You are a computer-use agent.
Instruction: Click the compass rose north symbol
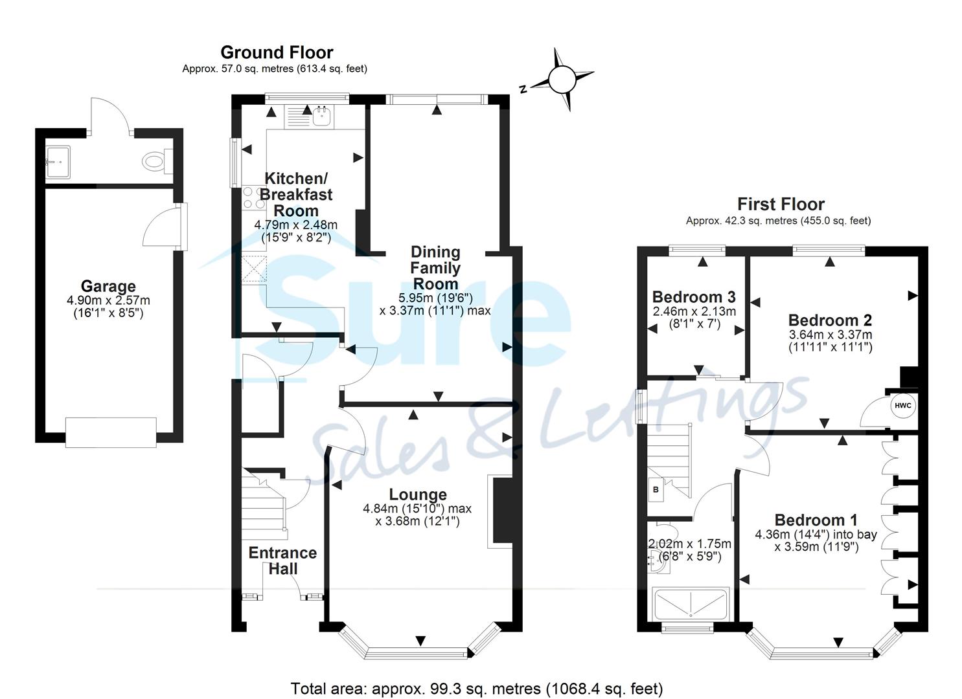(x=561, y=80)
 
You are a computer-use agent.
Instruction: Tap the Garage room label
(x=108, y=286)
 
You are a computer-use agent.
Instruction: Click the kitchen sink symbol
(x=321, y=116)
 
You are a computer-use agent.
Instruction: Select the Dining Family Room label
(x=435, y=268)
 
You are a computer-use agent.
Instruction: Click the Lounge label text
(x=418, y=495)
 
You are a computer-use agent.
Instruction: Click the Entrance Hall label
(x=283, y=560)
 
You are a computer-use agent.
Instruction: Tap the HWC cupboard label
(x=902, y=406)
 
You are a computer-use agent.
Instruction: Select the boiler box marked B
(x=656, y=490)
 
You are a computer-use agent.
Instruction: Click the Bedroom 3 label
(x=693, y=297)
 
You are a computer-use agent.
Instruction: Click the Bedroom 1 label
(x=816, y=520)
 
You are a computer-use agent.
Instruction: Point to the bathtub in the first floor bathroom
(x=691, y=603)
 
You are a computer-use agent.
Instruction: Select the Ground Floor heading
(x=277, y=52)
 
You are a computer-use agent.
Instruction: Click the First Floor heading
(x=780, y=205)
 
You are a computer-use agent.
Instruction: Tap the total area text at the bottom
(x=476, y=688)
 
